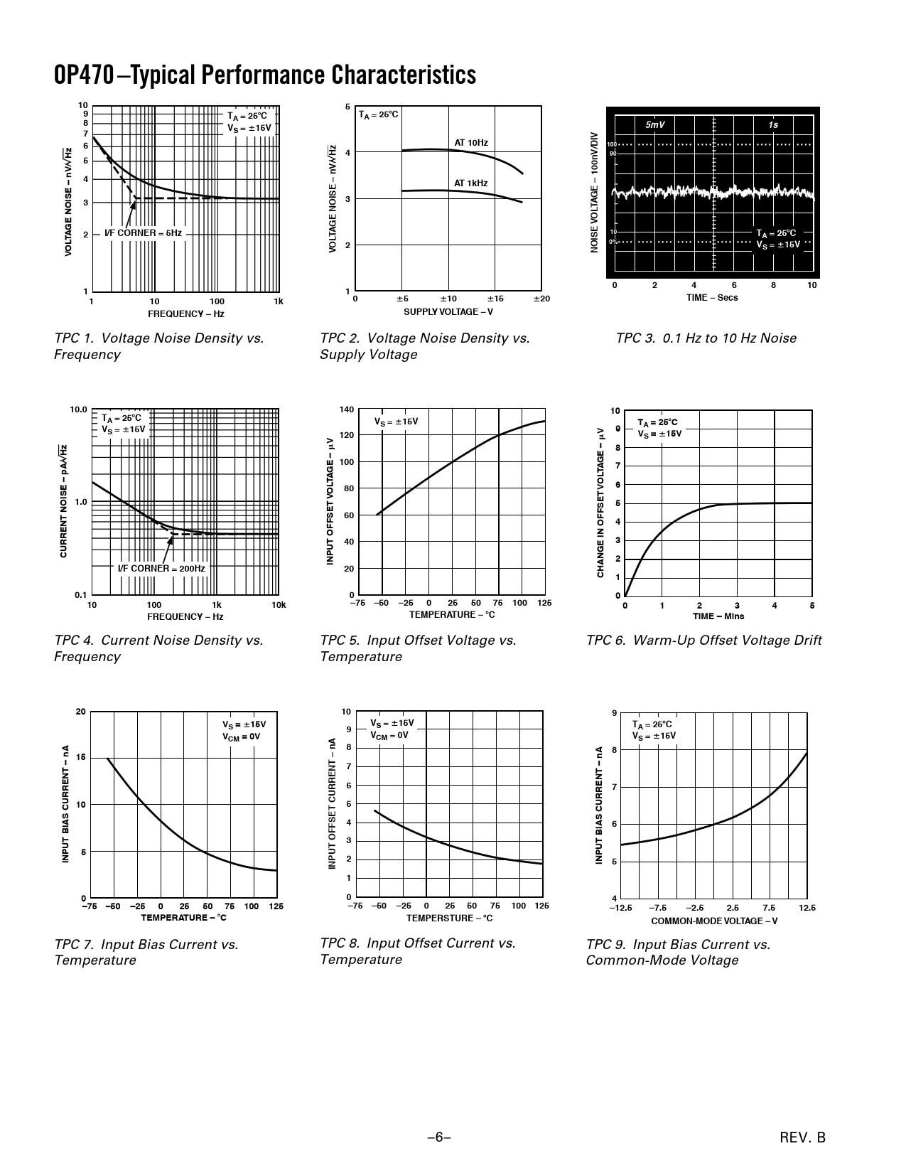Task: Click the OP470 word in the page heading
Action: pyautogui.click(x=83, y=75)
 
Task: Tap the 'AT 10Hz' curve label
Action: pyautogui.click(x=471, y=143)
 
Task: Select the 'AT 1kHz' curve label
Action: pyautogui.click(x=471, y=183)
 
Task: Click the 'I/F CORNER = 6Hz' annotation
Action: pyautogui.click(x=143, y=233)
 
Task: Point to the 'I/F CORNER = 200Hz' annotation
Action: pyautogui.click(x=161, y=569)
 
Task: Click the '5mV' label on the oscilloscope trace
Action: pyautogui.click(x=654, y=125)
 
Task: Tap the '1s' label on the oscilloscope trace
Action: pyautogui.click(x=773, y=125)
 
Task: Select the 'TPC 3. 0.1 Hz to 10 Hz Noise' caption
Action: pyautogui.click(x=706, y=338)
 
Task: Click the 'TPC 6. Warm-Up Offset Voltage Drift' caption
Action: pyautogui.click(x=703, y=641)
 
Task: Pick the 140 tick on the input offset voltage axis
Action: pyautogui.click(x=347, y=409)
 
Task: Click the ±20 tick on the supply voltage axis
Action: pyautogui.click(x=542, y=299)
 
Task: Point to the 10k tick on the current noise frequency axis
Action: pyautogui.click(x=279, y=605)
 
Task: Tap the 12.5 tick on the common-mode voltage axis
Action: pyautogui.click(x=807, y=908)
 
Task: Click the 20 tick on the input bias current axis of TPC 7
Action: pyautogui.click(x=80, y=712)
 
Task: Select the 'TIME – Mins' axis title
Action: pyautogui.click(x=718, y=616)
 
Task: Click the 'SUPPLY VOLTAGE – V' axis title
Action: pyautogui.click(x=448, y=311)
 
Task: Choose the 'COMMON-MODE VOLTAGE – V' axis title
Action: pyautogui.click(x=714, y=921)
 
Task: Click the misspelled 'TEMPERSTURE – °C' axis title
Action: pyautogui.click(x=449, y=918)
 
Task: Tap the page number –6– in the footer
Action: pyautogui.click(x=439, y=1137)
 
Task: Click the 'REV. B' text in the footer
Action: pyautogui.click(x=802, y=1137)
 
